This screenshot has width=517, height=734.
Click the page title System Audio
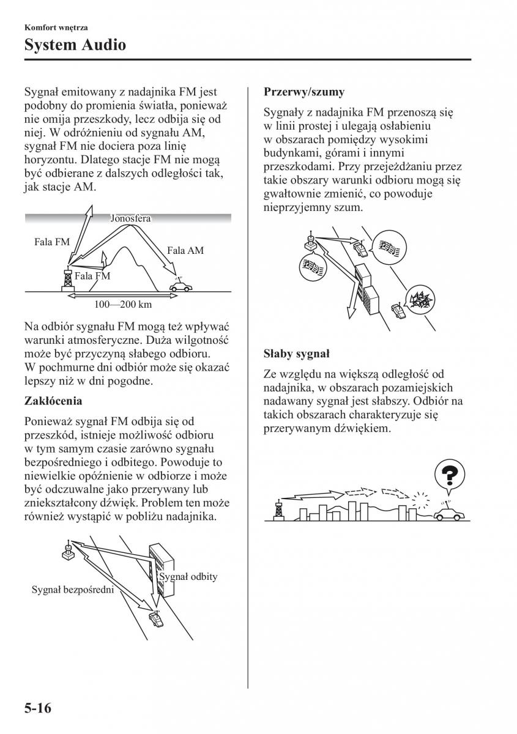click(75, 44)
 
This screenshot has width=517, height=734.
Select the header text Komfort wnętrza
click(56, 28)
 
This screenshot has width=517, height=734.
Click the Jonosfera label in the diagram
click(130, 218)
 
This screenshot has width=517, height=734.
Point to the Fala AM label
click(185, 250)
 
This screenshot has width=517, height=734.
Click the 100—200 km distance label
click(123, 304)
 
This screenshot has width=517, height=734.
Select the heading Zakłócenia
click(53, 401)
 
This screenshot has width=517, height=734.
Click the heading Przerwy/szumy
click(304, 92)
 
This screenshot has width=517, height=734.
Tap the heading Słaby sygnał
click(296, 354)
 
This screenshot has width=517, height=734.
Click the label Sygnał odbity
click(188, 576)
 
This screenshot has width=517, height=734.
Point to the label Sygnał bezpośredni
click(73, 590)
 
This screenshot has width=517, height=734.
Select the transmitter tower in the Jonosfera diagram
click(67, 280)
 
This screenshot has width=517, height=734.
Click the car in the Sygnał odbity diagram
click(157, 620)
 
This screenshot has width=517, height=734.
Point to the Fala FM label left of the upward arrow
click(52, 242)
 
